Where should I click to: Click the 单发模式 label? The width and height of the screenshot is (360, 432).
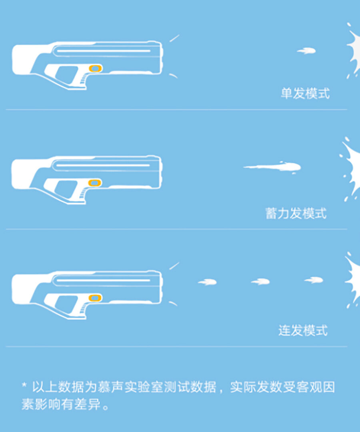pos(305,93)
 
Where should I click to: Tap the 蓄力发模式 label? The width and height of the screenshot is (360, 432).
pos(296,214)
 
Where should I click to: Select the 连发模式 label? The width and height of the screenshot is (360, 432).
pos(303,330)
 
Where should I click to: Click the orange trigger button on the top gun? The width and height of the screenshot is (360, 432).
pos(95,68)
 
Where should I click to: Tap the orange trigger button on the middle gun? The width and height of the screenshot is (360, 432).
pos(95,183)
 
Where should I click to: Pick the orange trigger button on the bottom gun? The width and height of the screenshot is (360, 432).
pos(95,298)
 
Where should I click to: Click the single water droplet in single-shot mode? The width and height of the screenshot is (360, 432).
pos(306,51)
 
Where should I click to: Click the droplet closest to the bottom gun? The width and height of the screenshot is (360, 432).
pos(208,282)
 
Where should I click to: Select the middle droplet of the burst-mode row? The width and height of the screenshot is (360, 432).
pos(260,282)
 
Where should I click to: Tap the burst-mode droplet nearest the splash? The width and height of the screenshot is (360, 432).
pos(314,280)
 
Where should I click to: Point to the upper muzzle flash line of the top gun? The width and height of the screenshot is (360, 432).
pos(174,38)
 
